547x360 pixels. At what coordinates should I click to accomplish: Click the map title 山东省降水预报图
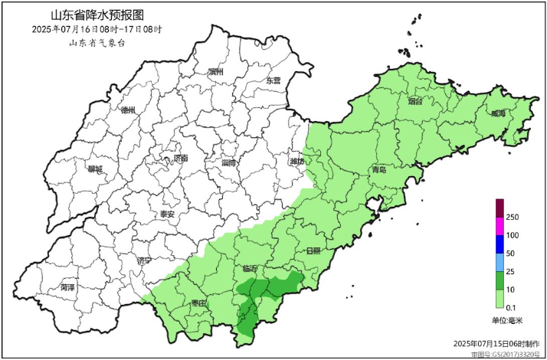click(97, 15)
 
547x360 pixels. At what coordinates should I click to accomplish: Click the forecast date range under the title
click(97, 29)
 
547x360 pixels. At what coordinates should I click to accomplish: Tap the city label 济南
click(181, 159)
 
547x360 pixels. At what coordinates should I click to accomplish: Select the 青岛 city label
click(378, 169)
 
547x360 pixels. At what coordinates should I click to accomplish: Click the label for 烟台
click(415, 101)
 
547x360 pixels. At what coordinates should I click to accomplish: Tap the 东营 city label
click(273, 80)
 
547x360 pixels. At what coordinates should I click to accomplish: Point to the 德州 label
click(128, 110)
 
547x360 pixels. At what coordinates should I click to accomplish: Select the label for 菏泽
click(67, 288)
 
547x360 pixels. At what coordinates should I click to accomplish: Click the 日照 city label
click(313, 250)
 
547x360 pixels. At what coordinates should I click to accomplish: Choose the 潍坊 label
click(296, 162)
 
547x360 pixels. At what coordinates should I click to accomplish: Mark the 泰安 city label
click(166, 214)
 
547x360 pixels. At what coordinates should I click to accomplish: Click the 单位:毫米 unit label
click(506, 320)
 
